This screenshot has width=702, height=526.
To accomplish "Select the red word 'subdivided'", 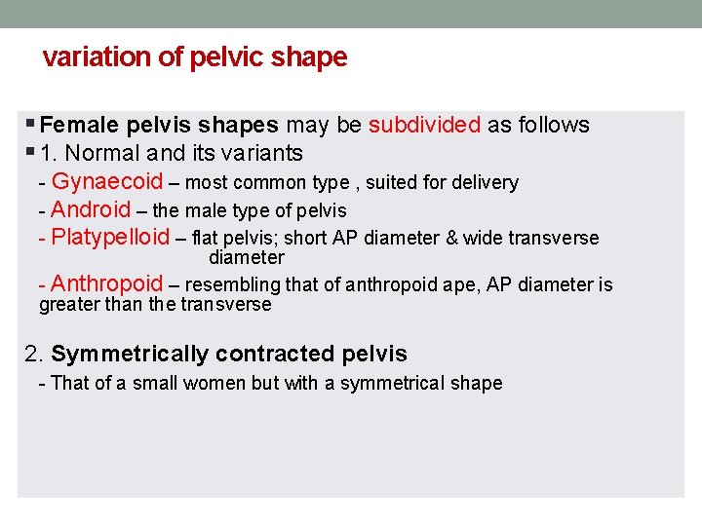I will (x=424, y=126).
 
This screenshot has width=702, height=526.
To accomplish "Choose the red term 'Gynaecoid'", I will (x=107, y=182).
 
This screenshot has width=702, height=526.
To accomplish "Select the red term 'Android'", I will (x=91, y=209).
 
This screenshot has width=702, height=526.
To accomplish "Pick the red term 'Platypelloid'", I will (x=110, y=238).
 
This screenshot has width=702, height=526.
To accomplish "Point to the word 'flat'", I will (x=206, y=239).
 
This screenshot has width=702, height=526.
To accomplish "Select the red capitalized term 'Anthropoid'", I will (x=107, y=284).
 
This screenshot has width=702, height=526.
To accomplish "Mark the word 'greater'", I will (x=64, y=305).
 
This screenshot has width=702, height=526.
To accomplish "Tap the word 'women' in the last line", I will (x=218, y=384).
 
